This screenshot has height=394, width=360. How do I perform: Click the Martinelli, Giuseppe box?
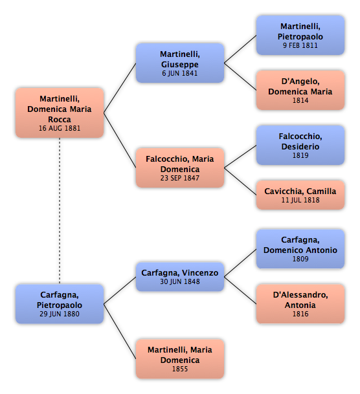[x=180, y=63]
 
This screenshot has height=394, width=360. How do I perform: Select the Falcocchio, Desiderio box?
[x=300, y=145]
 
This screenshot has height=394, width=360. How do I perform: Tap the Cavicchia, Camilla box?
[x=300, y=195]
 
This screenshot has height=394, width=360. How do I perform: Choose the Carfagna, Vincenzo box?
[x=180, y=277]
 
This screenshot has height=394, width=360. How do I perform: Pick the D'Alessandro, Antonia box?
[x=300, y=304]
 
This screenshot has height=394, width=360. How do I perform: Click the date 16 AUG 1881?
[x=60, y=128]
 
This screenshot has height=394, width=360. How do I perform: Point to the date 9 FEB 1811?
[x=300, y=45]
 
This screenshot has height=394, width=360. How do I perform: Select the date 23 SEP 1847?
[x=180, y=178]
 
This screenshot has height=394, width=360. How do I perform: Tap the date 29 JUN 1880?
[x=60, y=314]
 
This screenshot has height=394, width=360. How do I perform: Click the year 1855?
[x=180, y=369]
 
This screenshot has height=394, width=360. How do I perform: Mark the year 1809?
[x=300, y=259]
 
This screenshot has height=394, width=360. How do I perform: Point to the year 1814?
[x=300, y=100]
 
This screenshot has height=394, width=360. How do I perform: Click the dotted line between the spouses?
[x=60, y=211]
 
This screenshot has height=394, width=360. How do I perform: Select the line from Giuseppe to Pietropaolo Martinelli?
[x=240, y=49]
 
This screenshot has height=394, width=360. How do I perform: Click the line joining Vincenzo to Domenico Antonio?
[x=240, y=263]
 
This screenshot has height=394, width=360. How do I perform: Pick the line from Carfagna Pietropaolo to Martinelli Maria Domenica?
[x=120, y=331]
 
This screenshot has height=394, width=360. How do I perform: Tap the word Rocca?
[x=60, y=119]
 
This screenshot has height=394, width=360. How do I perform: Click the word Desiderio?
[x=300, y=146]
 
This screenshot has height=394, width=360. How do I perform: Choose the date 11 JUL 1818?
[x=300, y=200]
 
